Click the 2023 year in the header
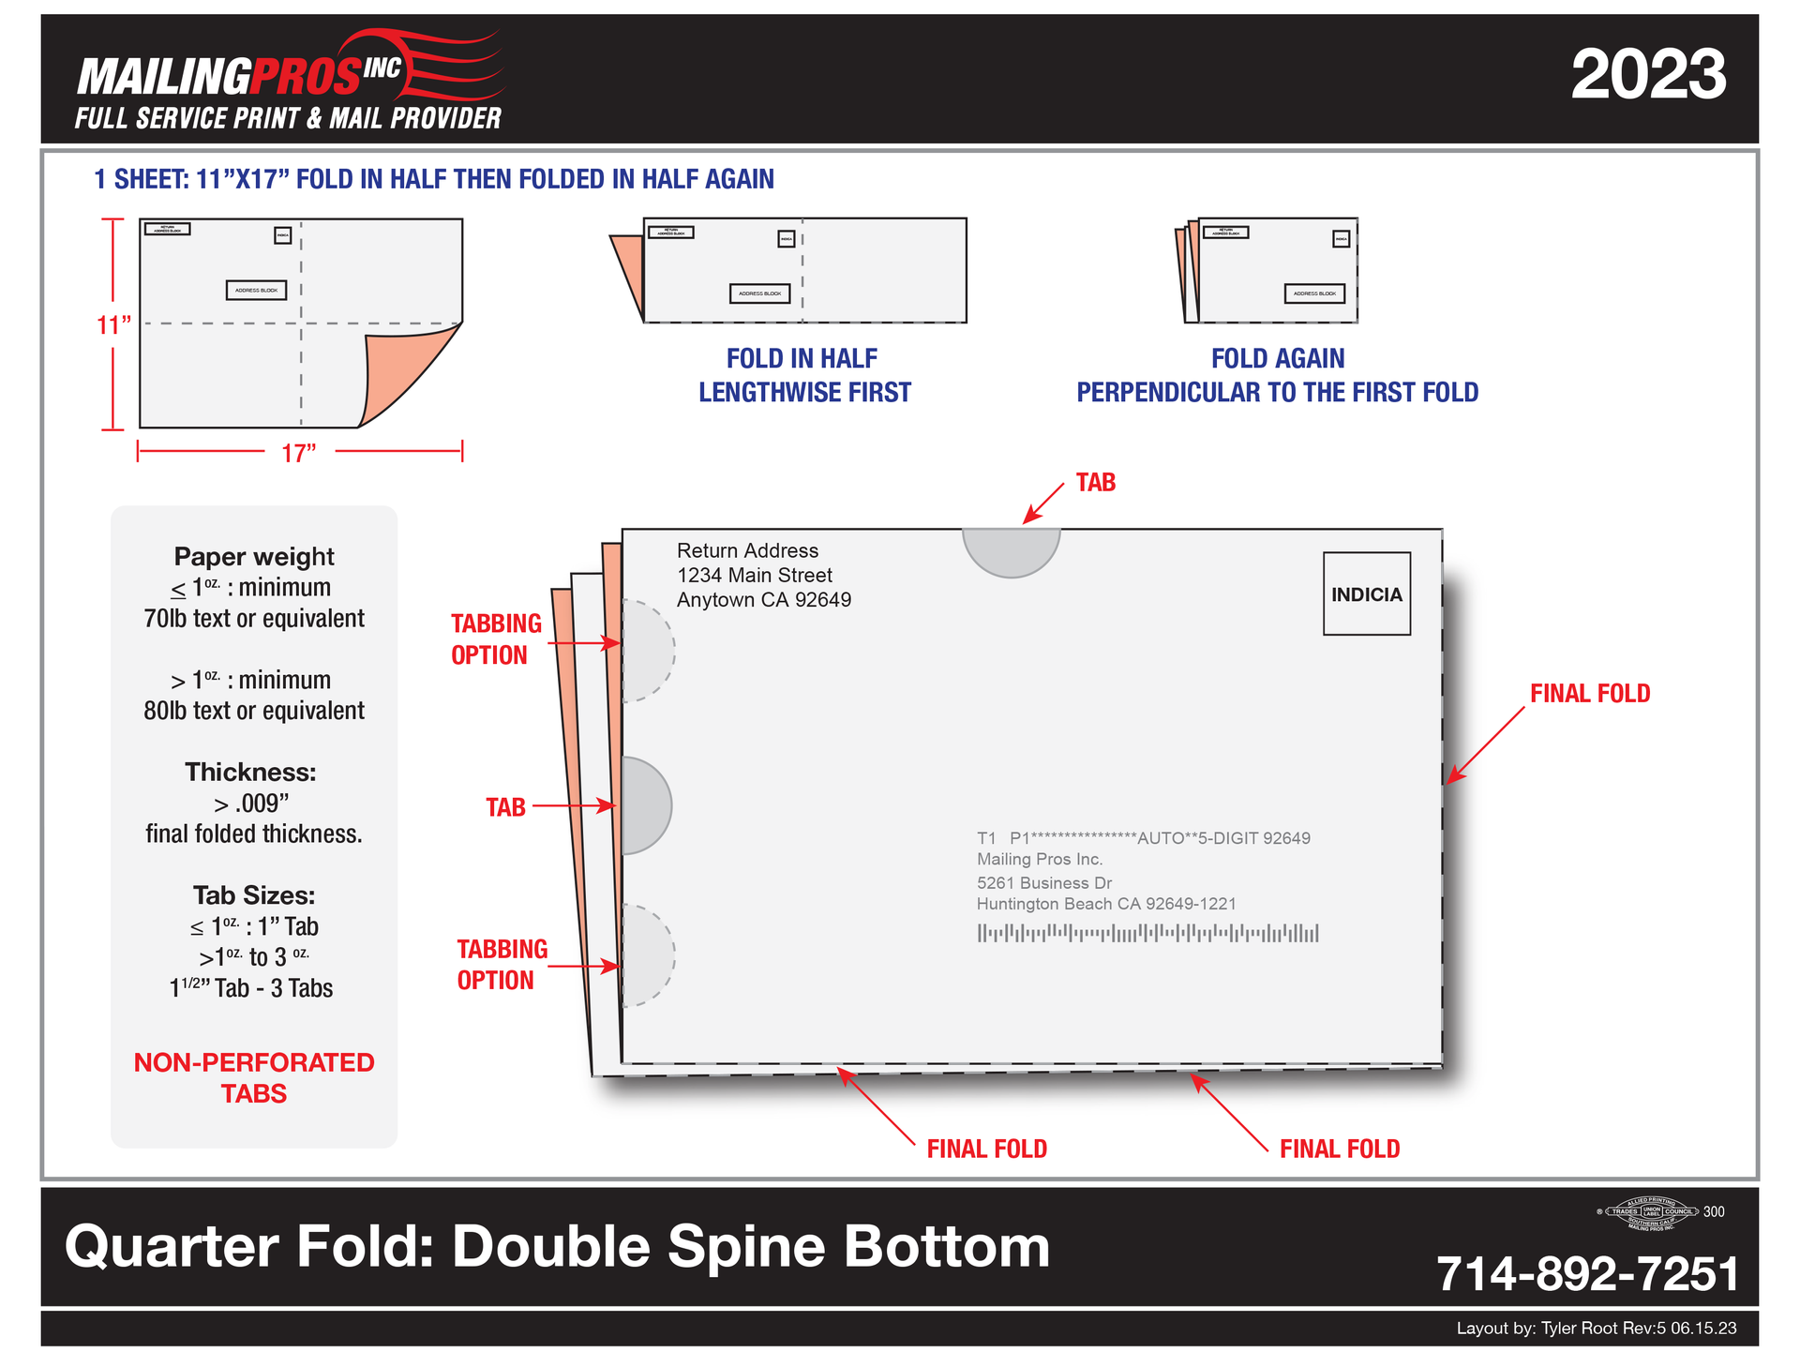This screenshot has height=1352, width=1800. pyautogui.click(x=1647, y=75)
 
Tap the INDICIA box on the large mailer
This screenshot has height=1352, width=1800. pyautogui.click(x=1366, y=593)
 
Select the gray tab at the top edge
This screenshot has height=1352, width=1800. pyautogui.click(x=1011, y=550)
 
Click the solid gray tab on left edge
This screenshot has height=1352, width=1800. pyautogui.click(x=645, y=804)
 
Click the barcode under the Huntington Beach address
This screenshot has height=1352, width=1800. pyautogui.click(x=1147, y=933)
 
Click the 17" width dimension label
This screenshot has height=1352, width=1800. pyautogui.click(x=299, y=453)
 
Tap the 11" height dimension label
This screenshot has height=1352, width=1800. pyautogui.click(x=113, y=324)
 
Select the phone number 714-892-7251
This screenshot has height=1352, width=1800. pyautogui.click(x=1586, y=1273)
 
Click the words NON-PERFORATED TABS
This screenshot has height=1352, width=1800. pyautogui.click(x=254, y=1077)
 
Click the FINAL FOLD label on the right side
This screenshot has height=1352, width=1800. pyautogui.click(x=1589, y=693)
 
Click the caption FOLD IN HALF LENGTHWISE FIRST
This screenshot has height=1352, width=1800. pyautogui.click(x=803, y=375)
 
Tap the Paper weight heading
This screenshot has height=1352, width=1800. pyautogui.click(x=254, y=556)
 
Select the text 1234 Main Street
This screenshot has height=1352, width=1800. pyautogui.click(x=754, y=575)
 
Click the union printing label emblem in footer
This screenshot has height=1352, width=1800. pyautogui.click(x=1651, y=1213)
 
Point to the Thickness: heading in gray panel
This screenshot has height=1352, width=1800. pyautogui.click(x=250, y=772)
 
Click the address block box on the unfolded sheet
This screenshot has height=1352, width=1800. pyautogui.click(x=256, y=291)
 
